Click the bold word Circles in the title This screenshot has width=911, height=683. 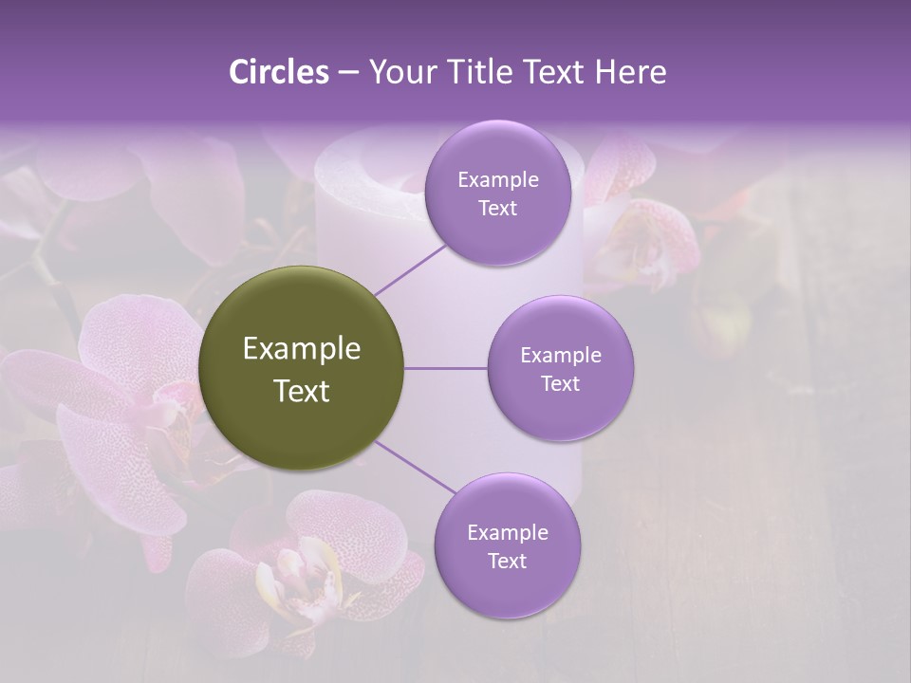279,72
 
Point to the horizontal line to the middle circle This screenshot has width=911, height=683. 445,368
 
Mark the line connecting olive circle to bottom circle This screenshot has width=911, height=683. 416,468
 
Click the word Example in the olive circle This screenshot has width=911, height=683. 301,349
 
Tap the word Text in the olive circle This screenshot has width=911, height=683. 301,391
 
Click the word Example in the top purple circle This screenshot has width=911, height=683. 497,180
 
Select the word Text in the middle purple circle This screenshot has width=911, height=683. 560,384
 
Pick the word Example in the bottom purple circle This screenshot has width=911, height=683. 507,533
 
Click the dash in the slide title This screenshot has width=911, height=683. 347,73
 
